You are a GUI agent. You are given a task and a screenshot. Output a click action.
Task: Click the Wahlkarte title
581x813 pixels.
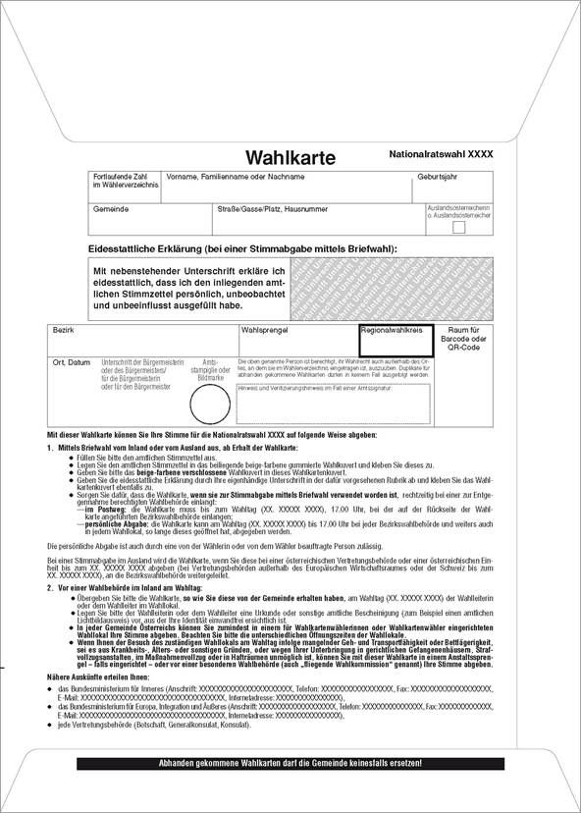290,158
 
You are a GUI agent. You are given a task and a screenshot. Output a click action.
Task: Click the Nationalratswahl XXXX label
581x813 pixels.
442,155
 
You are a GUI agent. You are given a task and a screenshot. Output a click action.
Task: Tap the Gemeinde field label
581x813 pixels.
110,209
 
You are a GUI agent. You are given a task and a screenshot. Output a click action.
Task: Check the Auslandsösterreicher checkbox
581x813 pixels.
458,228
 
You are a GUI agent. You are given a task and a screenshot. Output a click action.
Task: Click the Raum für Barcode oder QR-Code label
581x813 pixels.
464,339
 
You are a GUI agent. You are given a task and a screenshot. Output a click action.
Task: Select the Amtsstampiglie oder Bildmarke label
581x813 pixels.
211,369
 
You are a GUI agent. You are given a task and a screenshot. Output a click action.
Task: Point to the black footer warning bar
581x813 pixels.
291,763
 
